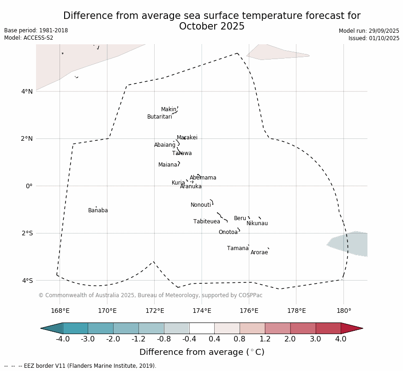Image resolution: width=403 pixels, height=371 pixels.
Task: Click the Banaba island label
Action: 98,210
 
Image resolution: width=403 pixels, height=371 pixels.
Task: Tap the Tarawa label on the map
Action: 182,153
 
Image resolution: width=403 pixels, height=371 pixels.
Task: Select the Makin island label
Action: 168,109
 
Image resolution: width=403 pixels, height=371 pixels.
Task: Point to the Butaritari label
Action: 159,117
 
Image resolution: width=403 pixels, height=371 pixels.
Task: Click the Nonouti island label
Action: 201,205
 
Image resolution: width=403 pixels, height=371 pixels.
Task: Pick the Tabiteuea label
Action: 206,221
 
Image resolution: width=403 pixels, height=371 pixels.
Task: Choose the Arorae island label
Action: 259,252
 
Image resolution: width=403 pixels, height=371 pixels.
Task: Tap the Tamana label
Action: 238,248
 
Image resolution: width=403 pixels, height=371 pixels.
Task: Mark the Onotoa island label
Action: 228,232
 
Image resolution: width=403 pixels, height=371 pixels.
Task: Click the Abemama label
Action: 203,178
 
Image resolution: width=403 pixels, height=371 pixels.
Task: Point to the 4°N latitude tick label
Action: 27,91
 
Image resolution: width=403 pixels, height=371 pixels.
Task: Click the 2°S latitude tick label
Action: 27,233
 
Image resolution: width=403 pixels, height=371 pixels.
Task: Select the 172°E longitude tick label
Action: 155,311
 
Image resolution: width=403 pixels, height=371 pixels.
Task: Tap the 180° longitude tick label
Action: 343,311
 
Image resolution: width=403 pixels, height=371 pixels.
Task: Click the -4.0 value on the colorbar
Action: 63,339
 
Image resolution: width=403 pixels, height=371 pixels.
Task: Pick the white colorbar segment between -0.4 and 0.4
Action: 202,328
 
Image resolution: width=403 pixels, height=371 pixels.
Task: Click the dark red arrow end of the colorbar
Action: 351,328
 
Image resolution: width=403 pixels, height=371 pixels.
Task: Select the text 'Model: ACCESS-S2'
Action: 29,38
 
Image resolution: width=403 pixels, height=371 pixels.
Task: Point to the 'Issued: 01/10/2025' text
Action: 374,38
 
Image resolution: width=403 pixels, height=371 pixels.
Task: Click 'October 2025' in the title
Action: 212,26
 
